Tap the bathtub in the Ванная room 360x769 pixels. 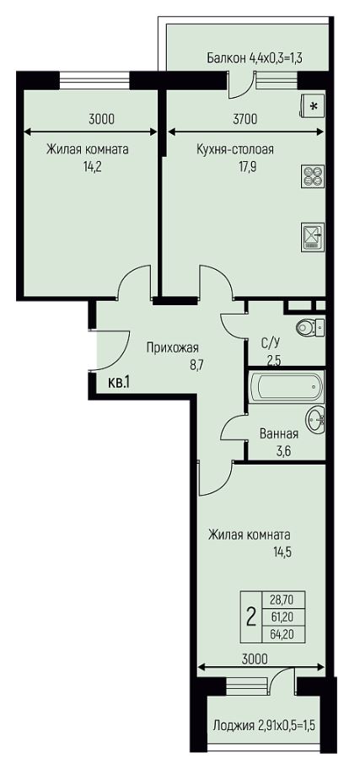point(287,386)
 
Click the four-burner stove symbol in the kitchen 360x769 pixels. point(313,176)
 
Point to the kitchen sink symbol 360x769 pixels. point(313,237)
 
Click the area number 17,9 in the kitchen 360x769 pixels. point(248,165)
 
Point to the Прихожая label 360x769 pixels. point(173,347)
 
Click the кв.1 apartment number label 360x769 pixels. point(118,383)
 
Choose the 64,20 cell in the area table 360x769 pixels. point(283,635)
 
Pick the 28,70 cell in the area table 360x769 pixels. point(283,600)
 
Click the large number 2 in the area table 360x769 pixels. point(251,617)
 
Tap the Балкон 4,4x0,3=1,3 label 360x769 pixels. point(254,58)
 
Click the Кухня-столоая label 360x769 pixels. point(235,149)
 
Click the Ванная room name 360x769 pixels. point(279,433)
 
